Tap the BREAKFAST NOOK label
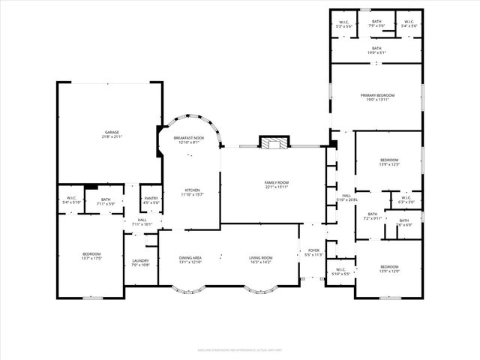tap(189, 140)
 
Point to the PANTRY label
tap(151, 201)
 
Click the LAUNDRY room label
tap(141, 263)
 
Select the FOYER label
tap(313, 253)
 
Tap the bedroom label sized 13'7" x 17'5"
tap(91, 256)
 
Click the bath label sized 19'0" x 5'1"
tap(376, 50)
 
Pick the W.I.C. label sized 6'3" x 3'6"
tap(406, 200)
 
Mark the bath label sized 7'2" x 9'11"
tap(372, 216)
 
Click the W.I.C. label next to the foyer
tap(340, 271)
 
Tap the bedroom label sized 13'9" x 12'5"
tap(389, 162)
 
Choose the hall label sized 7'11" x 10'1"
tap(142, 222)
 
